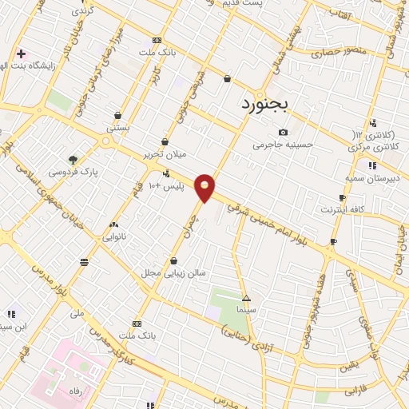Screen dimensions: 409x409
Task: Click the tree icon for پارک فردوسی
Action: [x=73, y=159]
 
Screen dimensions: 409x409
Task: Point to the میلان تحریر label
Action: [x=164, y=153]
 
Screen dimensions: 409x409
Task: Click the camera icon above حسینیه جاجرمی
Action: [x=283, y=132]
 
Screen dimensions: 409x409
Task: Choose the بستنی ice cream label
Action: [x=117, y=128]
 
